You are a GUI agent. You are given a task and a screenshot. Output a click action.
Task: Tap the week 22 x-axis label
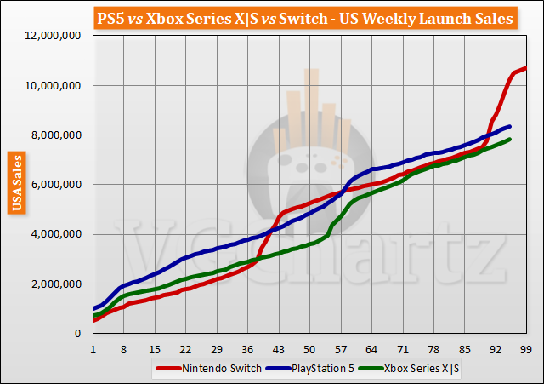(185, 349)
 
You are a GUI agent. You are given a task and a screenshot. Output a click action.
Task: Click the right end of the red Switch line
(526, 68)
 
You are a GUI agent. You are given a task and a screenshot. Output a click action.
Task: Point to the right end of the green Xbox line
(509, 140)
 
